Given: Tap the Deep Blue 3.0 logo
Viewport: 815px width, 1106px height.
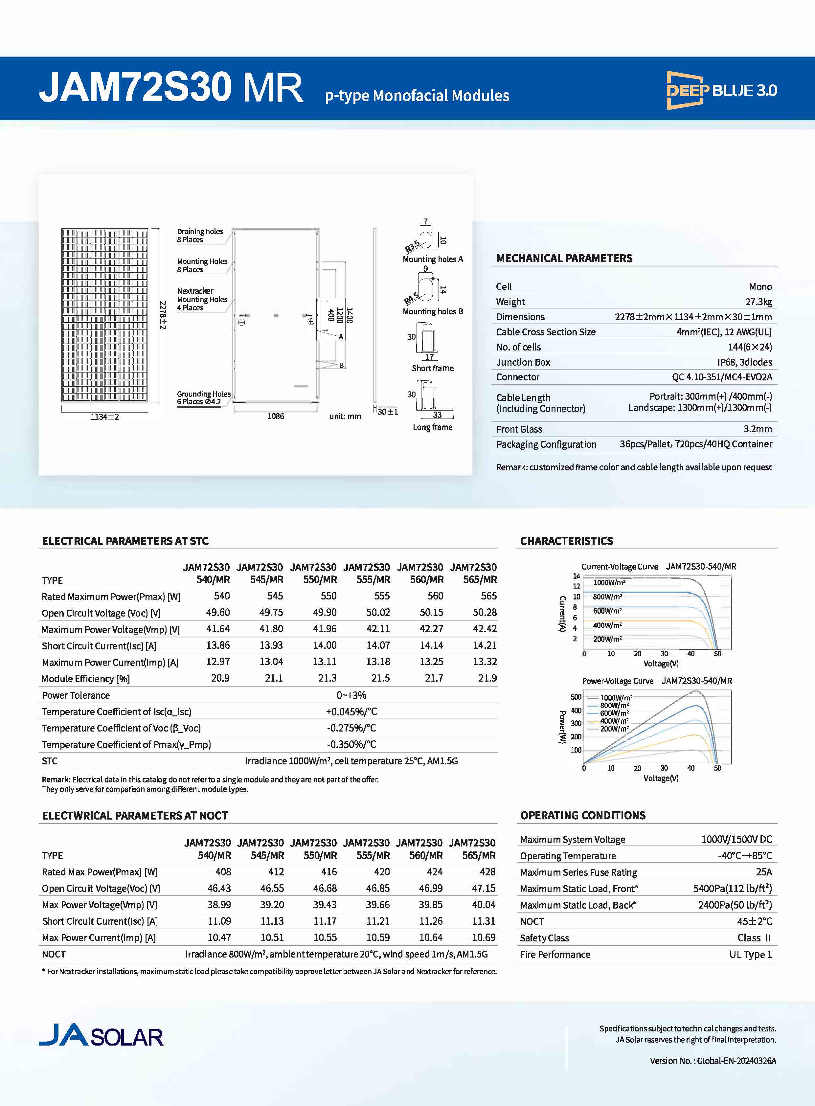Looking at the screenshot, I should point(721,90).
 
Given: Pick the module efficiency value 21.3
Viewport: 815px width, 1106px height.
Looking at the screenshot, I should point(327,678).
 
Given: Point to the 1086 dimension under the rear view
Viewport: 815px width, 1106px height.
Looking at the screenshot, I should point(276,417).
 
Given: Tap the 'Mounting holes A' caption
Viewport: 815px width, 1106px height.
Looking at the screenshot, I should point(433,259).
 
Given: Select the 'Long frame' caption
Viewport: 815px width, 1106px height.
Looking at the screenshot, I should point(432,427).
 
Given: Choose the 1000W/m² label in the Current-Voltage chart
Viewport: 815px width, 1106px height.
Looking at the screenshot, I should point(609,583).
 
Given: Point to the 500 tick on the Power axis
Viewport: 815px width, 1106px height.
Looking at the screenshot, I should point(576,697).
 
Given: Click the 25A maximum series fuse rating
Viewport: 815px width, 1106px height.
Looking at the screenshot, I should point(764,872).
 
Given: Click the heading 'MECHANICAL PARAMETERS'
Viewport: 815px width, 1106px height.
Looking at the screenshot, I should point(564,258).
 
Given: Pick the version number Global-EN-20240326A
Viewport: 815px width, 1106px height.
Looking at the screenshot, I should point(736,1061).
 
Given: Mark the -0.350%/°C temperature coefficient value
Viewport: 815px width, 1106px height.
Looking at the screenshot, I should point(351,744).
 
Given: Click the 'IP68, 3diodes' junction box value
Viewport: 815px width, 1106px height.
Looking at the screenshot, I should point(744,362).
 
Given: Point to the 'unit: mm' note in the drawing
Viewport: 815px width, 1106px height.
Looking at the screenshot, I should point(345,417).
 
